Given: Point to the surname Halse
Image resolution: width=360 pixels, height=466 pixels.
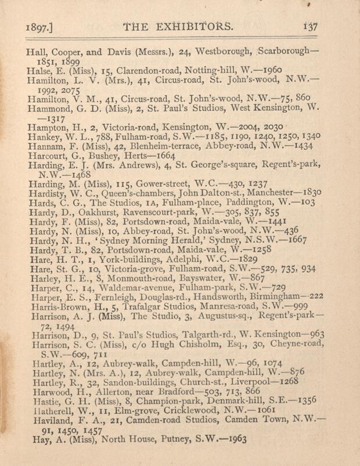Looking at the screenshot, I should click(40, 70).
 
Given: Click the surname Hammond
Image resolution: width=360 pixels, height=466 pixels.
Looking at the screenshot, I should click(50, 107).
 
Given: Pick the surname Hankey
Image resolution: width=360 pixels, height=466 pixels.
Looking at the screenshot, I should click(44, 136).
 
